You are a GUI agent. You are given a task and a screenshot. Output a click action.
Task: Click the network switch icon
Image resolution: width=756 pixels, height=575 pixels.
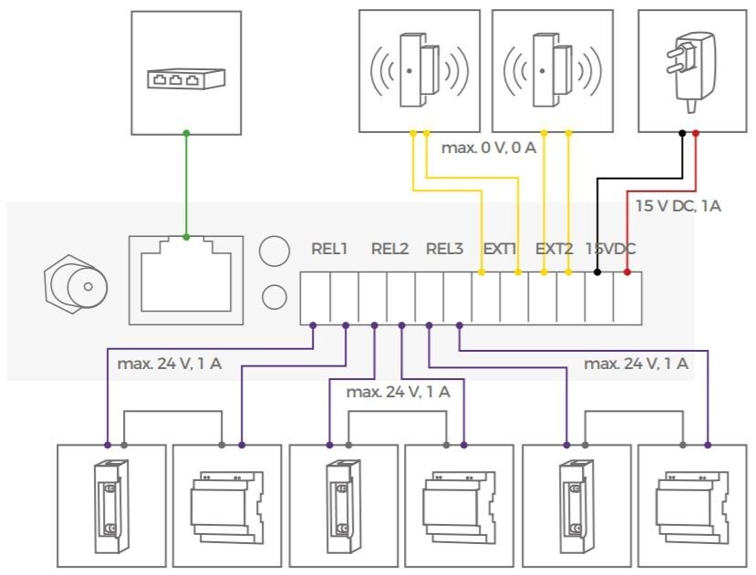click(186, 79)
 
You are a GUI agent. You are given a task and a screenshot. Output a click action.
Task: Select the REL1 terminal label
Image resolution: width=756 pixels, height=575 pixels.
click(329, 248)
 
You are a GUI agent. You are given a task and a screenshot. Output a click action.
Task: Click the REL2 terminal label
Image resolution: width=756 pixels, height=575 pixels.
click(389, 248)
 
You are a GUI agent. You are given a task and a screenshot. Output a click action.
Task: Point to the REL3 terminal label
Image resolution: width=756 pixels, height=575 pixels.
click(445, 248)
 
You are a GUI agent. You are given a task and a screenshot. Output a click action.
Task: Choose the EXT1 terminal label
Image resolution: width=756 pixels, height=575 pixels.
click(500, 248)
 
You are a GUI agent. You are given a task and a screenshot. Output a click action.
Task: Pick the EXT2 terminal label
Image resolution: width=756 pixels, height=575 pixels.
click(554, 248)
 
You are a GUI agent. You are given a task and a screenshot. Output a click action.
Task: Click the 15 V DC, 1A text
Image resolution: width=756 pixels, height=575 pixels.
click(678, 206)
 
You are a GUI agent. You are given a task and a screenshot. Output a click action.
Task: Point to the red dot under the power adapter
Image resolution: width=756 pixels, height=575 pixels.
click(696, 133)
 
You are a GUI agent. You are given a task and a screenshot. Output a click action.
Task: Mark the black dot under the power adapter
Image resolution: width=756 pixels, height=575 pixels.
click(682, 133)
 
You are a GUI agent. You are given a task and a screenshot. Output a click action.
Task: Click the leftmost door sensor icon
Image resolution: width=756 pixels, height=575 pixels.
click(413, 70)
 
